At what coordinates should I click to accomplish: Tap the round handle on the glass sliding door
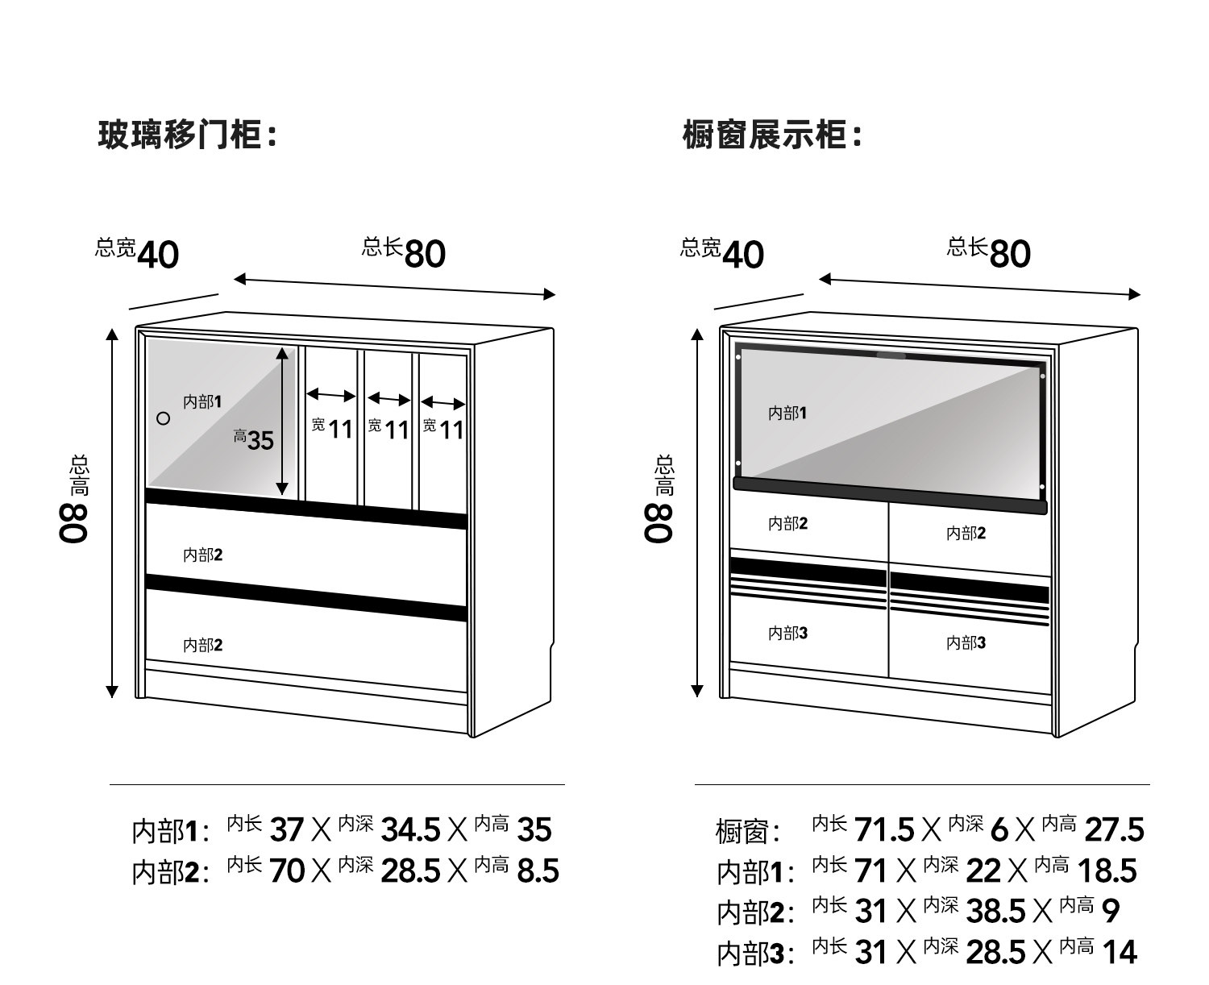click(x=163, y=418)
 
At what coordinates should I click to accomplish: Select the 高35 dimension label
click(x=254, y=440)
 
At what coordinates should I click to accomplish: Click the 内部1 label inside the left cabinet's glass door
click(x=202, y=402)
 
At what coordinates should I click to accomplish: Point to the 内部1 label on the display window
click(x=787, y=413)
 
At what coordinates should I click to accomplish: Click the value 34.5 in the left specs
click(x=410, y=829)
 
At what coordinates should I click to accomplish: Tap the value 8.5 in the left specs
click(x=538, y=871)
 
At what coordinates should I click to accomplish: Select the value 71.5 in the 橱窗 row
click(x=883, y=829)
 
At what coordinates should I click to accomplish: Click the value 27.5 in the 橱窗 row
click(x=1114, y=829)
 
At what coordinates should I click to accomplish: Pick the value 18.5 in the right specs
click(x=1107, y=871)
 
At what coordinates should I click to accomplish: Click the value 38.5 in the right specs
click(x=995, y=911)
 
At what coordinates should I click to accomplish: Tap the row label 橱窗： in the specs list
click(x=748, y=831)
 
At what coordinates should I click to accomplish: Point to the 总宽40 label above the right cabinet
click(x=721, y=252)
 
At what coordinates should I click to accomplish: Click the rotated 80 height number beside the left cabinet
click(x=74, y=523)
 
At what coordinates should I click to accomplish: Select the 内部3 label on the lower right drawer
click(x=966, y=642)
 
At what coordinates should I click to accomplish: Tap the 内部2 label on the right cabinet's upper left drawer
click(x=787, y=523)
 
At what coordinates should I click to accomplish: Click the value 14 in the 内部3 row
click(x=1120, y=952)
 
